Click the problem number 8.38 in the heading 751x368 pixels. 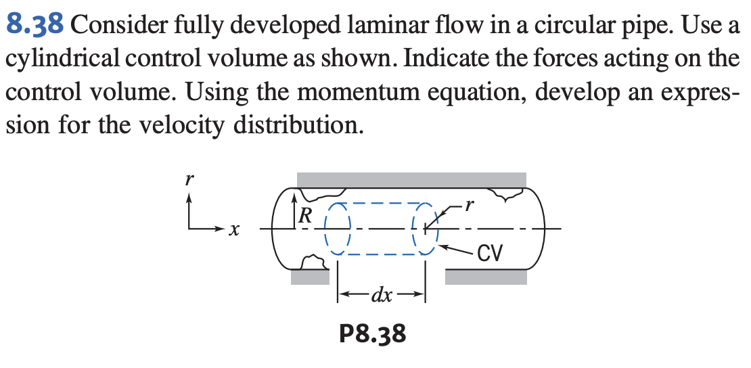click(36, 25)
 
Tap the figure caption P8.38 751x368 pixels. click(372, 333)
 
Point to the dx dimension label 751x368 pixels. click(382, 295)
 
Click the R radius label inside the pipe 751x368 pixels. click(306, 216)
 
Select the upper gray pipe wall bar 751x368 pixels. click(411, 180)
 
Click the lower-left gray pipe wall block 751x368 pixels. click(311, 277)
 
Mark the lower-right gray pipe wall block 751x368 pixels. click(486, 277)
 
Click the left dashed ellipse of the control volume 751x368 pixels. click(337, 229)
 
